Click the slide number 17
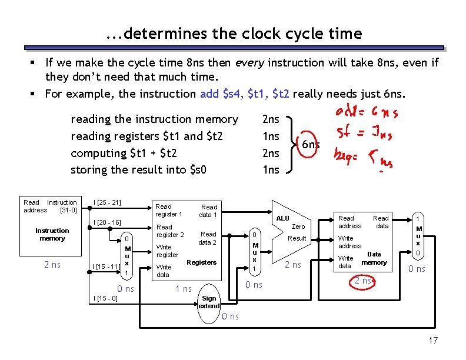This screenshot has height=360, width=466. tap(434, 341)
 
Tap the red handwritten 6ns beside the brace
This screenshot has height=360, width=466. tap(310, 145)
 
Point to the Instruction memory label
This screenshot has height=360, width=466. tap(52, 234)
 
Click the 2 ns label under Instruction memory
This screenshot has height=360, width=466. tap(52, 265)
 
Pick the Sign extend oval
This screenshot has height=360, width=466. tap(209, 302)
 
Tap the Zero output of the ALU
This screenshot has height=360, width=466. tap(298, 226)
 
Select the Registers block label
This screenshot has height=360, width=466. tap(201, 262)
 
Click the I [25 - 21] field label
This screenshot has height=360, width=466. tap(107, 203)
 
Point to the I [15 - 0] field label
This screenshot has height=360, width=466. tap(105, 298)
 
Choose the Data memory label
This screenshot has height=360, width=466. tap(374, 258)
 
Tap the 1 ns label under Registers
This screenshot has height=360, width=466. tap(184, 288)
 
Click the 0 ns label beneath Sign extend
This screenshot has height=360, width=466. tap(230, 316)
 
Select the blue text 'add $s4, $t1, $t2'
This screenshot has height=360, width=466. tap(245, 94)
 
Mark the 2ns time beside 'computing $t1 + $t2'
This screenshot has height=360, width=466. tap(270, 153)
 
